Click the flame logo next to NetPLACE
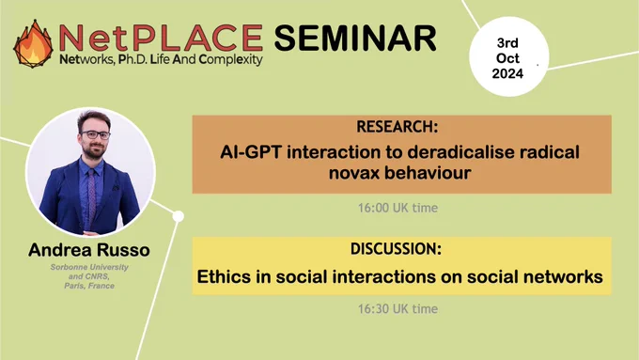(33, 43)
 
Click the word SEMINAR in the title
(355, 38)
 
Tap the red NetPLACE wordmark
(161, 38)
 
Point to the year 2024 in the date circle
(507, 74)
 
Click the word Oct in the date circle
(507, 58)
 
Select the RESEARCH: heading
(397, 127)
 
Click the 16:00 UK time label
(397, 208)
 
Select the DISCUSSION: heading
(397, 249)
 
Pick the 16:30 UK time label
(397, 309)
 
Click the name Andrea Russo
(89, 250)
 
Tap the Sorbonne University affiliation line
(89, 268)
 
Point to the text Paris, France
(89, 286)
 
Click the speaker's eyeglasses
(95, 134)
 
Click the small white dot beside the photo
(179, 216)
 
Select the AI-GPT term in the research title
(252, 152)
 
